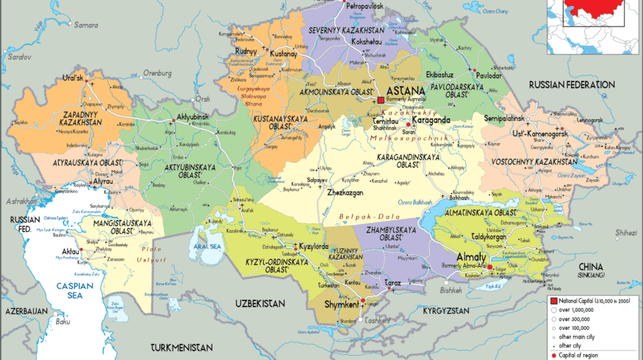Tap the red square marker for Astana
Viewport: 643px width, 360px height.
(381, 100)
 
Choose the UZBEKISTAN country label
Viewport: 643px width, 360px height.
(261, 303)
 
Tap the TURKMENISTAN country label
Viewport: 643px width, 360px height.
(182, 346)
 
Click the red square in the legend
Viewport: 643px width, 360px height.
(553, 301)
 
